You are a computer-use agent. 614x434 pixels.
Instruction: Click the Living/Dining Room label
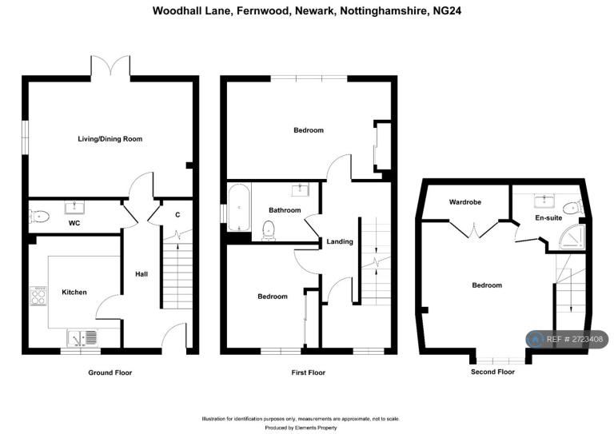[x=110, y=139]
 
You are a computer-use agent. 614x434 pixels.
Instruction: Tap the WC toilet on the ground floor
[x=39, y=216]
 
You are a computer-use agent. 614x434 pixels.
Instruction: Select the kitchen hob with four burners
[x=38, y=296]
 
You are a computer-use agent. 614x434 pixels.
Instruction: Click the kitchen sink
[x=82, y=338]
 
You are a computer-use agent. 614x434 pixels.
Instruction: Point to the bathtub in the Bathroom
[x=239, y=207]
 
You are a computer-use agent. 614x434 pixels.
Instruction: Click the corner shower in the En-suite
[x=572, y=237]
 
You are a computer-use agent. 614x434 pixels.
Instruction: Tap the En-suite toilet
[x=573, y=206]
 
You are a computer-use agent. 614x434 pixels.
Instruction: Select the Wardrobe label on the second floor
[x=465, y=202]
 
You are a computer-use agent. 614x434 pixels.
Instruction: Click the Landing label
[x=340, y=242]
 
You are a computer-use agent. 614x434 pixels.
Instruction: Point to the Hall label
[x=142, y=274]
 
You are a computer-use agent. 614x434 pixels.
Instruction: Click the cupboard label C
[x=177, y=215]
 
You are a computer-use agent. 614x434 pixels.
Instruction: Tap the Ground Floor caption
[x=110, y=372]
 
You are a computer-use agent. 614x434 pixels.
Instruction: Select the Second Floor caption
[x=492, y=372]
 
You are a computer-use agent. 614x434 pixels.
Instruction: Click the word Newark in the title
[x=315, y=10]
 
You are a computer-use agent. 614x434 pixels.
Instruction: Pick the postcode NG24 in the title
[x=447, y=10]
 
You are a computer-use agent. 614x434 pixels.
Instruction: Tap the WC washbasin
[x=74, y=208]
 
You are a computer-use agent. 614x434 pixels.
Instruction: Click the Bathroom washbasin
[x=301, y=189]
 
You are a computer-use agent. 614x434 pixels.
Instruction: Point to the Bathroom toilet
[x=269, y=230]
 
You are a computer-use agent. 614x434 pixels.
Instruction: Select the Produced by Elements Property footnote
[x=301, y=428]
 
